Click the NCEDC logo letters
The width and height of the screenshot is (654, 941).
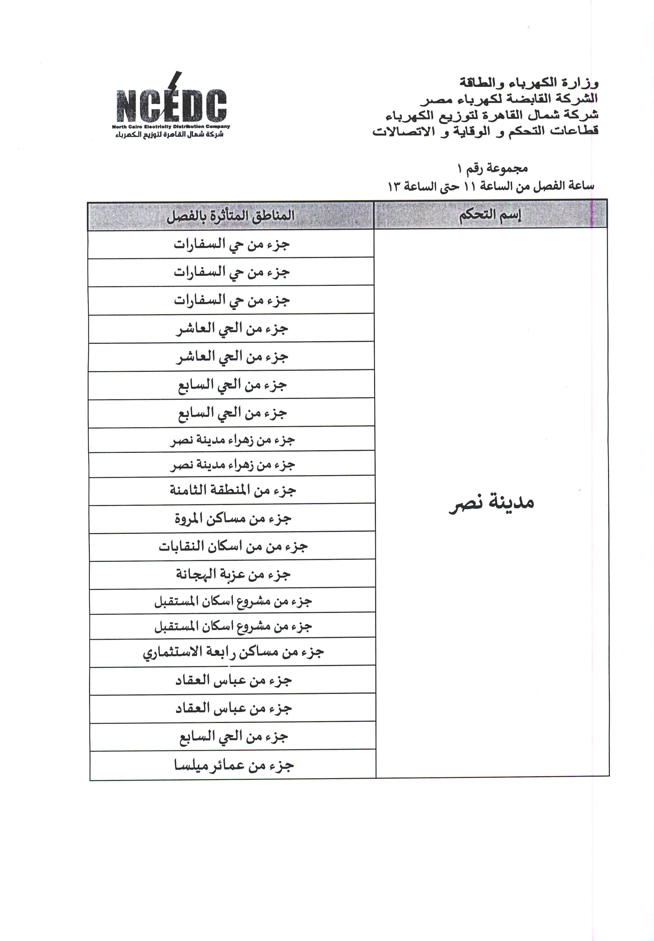tap(171, 106)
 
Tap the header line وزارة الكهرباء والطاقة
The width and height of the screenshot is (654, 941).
tap(529, 83)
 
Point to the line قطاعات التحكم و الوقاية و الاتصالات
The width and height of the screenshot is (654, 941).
tap(485, 131)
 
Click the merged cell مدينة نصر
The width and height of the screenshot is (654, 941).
tap(492, 503)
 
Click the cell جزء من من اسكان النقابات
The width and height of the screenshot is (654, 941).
tap(233, 546)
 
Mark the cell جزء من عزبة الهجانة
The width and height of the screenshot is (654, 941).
tap(233, 574)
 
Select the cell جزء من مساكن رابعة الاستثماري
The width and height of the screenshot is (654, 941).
tap(233, 652)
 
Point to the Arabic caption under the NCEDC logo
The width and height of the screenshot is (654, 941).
tap(169, 134)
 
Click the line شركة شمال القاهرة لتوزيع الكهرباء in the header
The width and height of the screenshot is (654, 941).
tap(492, 115)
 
